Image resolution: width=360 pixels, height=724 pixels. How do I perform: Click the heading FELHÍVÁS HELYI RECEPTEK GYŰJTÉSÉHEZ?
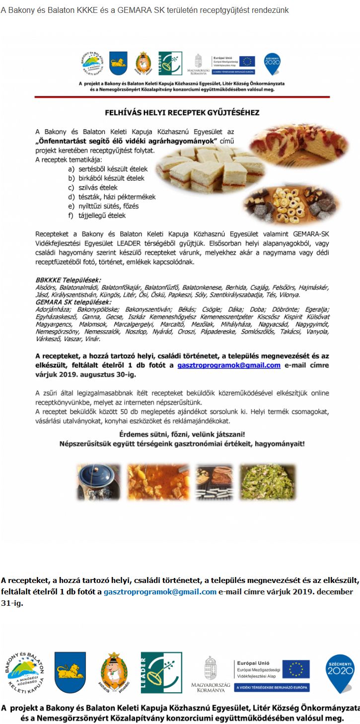tap(182, 113)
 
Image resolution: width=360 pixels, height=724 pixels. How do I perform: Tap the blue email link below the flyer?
tap(160, 591)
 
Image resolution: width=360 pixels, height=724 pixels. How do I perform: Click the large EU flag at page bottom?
tap(295, 669)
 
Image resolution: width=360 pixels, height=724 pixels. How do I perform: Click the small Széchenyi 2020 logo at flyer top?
tap(272, 63)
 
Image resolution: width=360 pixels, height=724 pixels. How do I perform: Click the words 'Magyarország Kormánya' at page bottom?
tap(211, 688)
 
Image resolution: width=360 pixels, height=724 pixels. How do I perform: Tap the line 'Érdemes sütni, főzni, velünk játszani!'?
tap(182, 434)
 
